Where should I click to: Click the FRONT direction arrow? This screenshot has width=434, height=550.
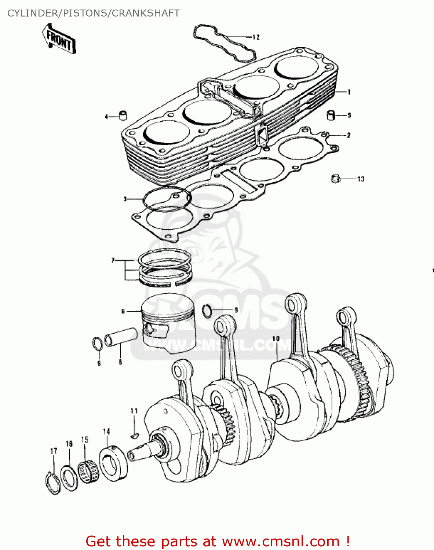coord(59,39)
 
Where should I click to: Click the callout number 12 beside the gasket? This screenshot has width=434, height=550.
coord(256,37)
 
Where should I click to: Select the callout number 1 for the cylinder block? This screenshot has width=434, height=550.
coord(349,92)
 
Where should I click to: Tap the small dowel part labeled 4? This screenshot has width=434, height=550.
coord(122,115)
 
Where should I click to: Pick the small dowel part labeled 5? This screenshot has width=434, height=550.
coord(331,115)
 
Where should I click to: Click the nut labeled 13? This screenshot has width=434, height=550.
coord(335,179)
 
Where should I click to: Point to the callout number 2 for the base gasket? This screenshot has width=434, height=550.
coord(349,135)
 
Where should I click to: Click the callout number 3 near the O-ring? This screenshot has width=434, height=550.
coord(125,199)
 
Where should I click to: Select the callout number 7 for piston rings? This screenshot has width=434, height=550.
coord(113,260)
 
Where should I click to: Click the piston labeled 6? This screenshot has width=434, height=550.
coord(169,323)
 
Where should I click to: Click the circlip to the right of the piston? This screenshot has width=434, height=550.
coord(208,311)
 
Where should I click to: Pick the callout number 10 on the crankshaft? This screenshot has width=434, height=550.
coord(276,338)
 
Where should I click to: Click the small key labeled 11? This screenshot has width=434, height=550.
coord(134,436)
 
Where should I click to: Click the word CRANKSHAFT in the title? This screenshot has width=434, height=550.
coord(146,13)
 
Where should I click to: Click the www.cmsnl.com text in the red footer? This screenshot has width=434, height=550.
coord(281,541)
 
